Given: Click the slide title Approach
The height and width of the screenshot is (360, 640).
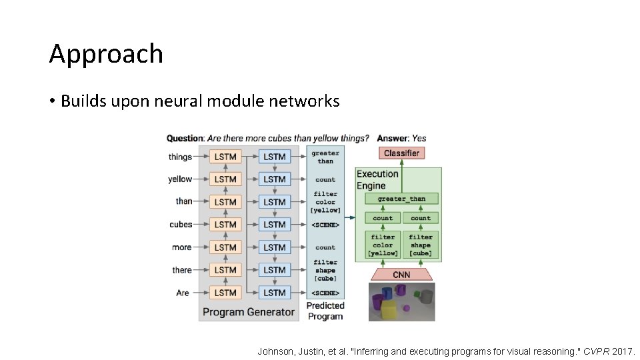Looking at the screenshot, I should click(106, 54).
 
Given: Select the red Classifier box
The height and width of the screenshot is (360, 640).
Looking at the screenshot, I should click(401, 153).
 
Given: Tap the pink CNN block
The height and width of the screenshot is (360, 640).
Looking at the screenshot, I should click(401, 275).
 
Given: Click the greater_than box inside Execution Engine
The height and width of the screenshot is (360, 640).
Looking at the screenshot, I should click(401, 199).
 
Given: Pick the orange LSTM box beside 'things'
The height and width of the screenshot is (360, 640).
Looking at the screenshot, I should click(225, 157).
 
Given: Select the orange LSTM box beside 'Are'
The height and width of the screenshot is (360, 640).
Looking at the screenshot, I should click(225, 293).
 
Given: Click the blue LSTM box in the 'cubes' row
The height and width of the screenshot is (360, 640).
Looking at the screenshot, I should click(274, 225).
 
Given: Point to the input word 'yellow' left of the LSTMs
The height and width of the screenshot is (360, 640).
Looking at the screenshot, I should click(180, 179).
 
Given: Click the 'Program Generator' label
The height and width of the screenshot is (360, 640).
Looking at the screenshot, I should click(248, 311).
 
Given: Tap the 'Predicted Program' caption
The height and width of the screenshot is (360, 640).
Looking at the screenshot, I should click(325, 311).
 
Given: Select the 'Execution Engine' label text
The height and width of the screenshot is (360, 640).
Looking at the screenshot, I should click(377, 179).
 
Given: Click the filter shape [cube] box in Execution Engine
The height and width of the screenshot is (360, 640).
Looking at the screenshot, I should click(421, 245).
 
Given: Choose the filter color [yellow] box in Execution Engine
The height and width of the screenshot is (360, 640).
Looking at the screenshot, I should click(383, 245).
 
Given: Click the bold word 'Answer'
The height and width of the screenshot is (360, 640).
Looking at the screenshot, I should click(393, 138).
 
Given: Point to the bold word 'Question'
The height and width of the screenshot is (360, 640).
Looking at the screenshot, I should click(185, 138).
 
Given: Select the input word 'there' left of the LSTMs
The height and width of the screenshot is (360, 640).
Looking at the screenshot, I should click(182, 270).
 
